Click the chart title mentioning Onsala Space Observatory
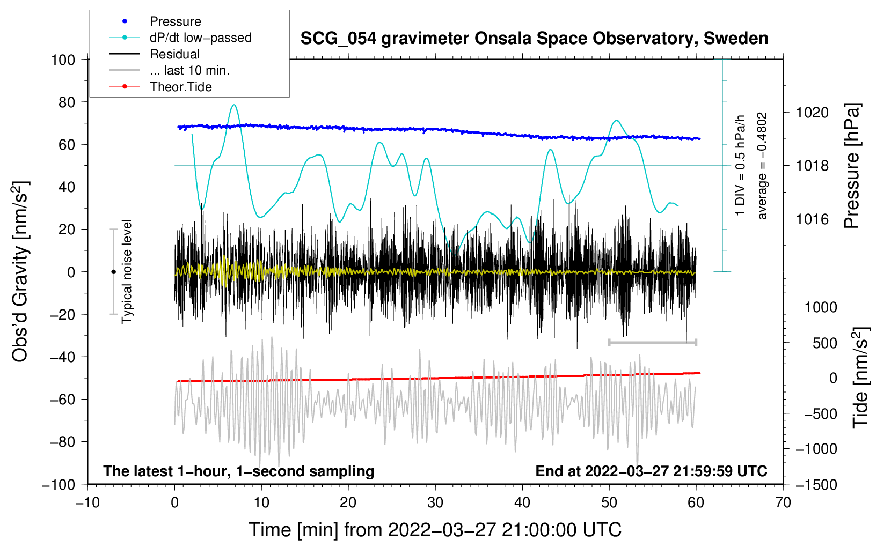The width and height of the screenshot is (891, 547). click(x=534, y=39)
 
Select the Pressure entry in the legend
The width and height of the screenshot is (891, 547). click(x=175, y=21)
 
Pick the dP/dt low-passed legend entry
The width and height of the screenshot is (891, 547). click(x=200, y=38)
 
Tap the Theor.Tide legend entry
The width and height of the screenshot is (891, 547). click(x=180, y=87)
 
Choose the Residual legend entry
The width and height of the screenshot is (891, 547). click(x=174, y=54)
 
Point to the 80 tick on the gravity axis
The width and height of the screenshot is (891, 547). click(x=67, y=102)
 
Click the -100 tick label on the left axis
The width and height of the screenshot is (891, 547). click(x=59, y=484)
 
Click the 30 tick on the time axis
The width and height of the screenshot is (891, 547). click(x=435, y=502)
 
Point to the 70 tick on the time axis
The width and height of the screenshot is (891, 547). click(x=783, y=502)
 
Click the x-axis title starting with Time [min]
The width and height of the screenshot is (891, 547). click(x=435, y=530)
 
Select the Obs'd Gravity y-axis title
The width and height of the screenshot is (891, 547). click(x=20, y=271)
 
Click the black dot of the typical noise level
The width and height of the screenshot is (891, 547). click(x=113, y=272)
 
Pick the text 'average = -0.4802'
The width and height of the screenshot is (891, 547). click(x=762, y=166)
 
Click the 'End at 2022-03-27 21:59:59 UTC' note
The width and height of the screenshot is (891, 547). click(x=651, y=471)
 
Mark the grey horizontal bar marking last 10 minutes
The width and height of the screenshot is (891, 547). click(x=653, y=342)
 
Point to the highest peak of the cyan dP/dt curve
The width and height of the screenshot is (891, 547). click(x=233, y=105)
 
